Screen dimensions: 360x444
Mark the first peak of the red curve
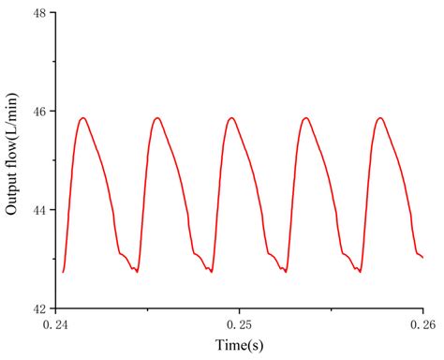click(x=83, y=118)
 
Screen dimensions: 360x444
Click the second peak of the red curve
click(x=157, y=118)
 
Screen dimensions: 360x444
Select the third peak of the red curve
click(x=231, y=118)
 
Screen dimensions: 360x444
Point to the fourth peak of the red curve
click(x=305, y=118)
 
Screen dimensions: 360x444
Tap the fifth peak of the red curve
click(x=379, y=118)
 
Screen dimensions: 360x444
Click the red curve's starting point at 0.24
click(x=63, y=272)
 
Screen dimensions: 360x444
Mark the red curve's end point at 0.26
click(x=422, y=257)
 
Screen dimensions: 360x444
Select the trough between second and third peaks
click(x=211, y=272)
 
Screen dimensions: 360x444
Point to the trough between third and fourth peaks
click(x=285, y=272)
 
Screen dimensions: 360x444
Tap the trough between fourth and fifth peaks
click(x=359, y=272)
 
